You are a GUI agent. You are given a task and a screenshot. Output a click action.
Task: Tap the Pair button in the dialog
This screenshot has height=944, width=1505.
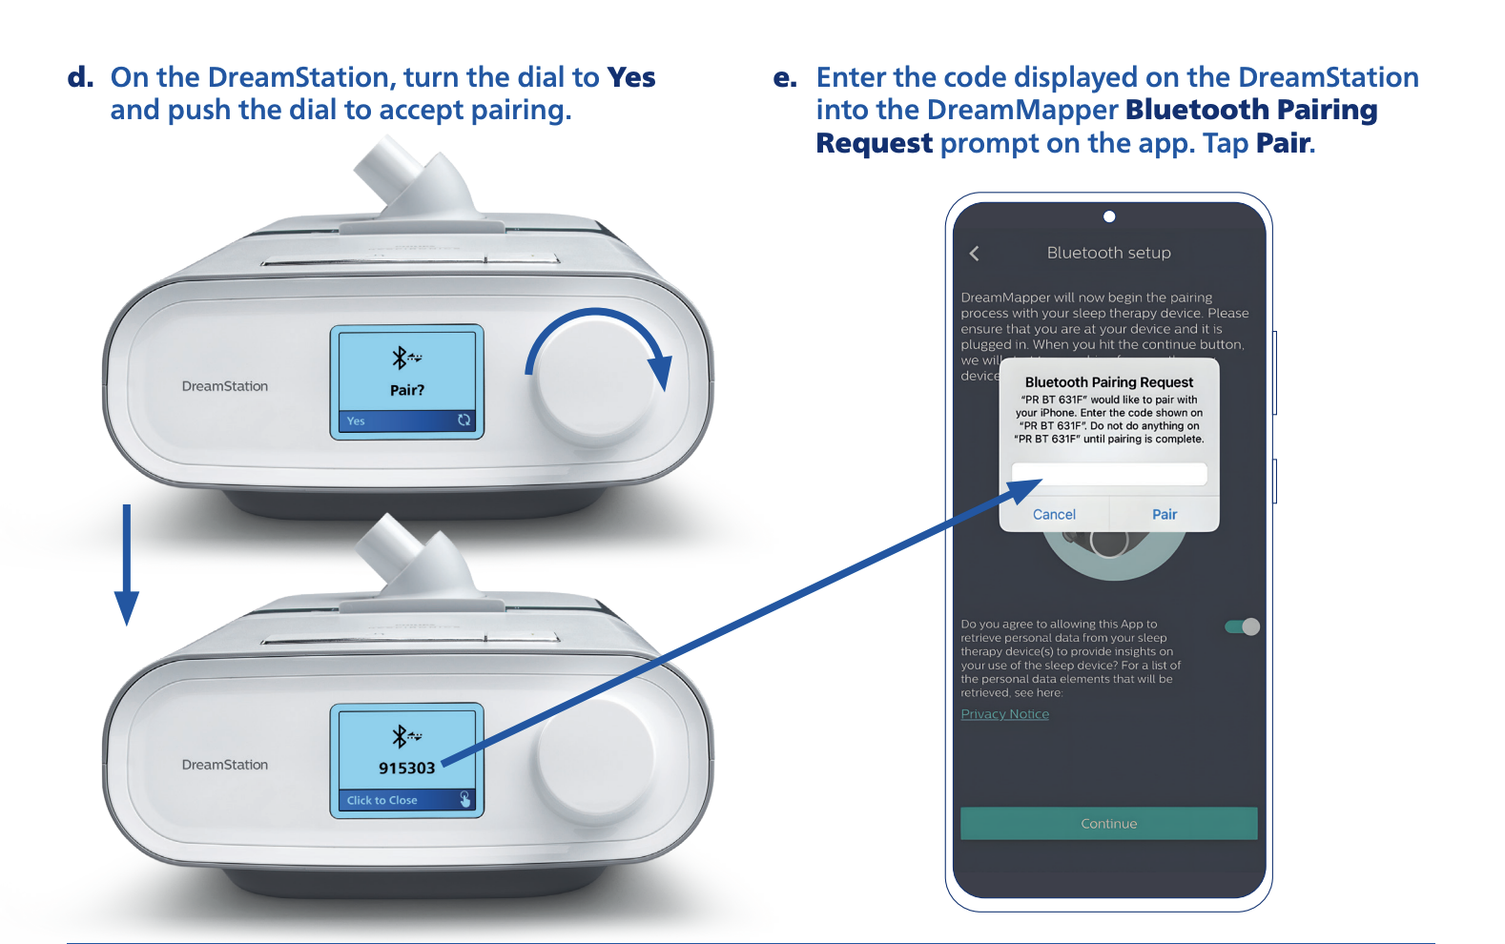1164,514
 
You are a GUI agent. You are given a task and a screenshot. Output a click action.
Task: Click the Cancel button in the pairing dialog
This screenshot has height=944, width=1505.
1054,514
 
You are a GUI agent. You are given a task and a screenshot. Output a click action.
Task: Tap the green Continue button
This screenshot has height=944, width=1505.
1108,824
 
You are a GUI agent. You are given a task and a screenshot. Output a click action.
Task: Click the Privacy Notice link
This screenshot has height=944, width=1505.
1004,714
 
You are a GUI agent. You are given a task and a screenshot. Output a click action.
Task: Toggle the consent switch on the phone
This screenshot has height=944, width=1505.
1243,626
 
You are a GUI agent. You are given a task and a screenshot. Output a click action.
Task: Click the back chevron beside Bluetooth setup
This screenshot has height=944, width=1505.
974,253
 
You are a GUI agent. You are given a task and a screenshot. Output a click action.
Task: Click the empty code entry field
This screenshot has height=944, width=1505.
1108,473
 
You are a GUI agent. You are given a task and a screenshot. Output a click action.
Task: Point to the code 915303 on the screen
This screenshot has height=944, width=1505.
406,768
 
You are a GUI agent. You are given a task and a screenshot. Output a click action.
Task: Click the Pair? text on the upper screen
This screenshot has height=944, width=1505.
406,390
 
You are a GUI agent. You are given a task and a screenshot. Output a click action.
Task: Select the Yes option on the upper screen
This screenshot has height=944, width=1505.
357,421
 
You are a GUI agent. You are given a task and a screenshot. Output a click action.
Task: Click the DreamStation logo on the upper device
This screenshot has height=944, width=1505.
225,386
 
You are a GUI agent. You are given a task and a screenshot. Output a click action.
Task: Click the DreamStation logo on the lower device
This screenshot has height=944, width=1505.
225,765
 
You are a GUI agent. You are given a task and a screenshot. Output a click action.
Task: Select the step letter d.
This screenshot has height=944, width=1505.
80,77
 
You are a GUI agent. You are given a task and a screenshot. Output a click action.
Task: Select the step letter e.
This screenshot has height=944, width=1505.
785,78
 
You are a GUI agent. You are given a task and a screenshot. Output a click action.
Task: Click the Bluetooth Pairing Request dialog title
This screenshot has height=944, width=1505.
1108,382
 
